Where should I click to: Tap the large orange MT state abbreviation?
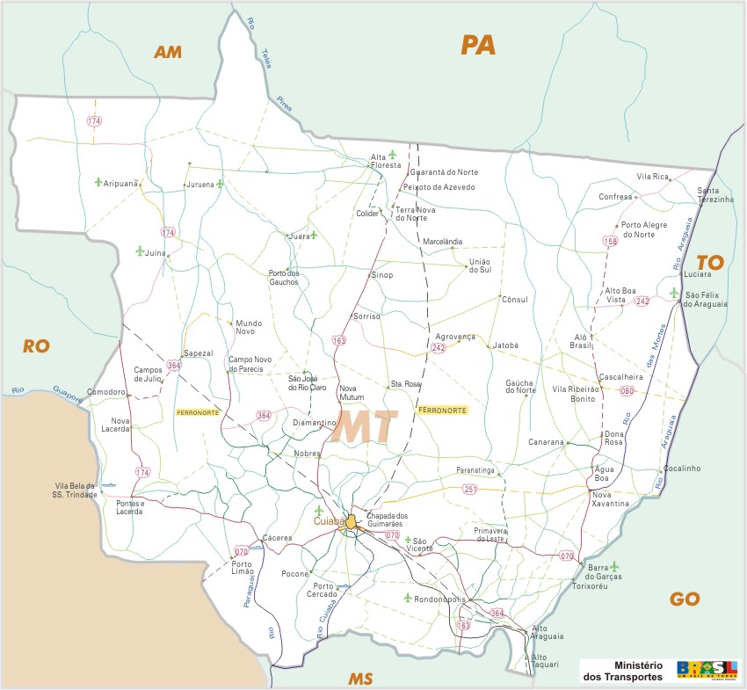click(x=367, y=426)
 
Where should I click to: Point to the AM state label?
click(x=167, y=52)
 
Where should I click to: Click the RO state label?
click(x=35, y=346)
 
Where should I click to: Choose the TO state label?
click(x=708, y=262)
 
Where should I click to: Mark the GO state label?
click(x=685, y=599)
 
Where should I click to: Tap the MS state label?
click(x=360, y=679)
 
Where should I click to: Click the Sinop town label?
click(x=381, y=275)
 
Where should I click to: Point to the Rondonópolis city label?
click(x=439, y=600)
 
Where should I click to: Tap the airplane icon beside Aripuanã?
click(x=98, y=182)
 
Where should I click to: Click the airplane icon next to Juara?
click(x=313, y=235)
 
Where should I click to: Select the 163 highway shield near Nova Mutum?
click(x=339, y=339)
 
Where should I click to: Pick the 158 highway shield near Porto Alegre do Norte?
click(x=610, y=240)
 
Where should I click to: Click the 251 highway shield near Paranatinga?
click(x=469, y=489)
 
